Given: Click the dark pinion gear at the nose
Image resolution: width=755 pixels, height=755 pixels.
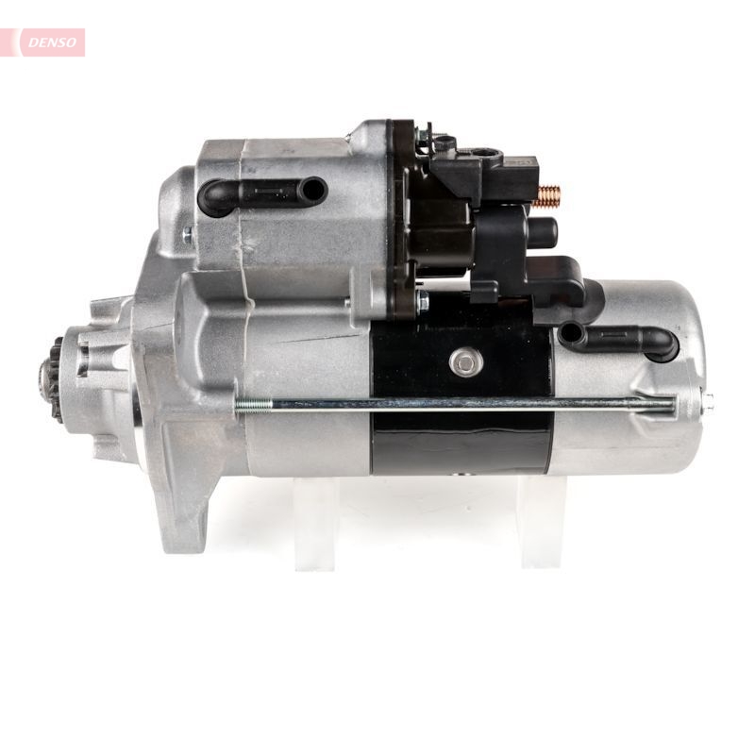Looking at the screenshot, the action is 50,380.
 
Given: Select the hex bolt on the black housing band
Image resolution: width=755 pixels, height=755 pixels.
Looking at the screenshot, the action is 465,362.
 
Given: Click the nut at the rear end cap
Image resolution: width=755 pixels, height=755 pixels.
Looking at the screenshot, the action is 707,403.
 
